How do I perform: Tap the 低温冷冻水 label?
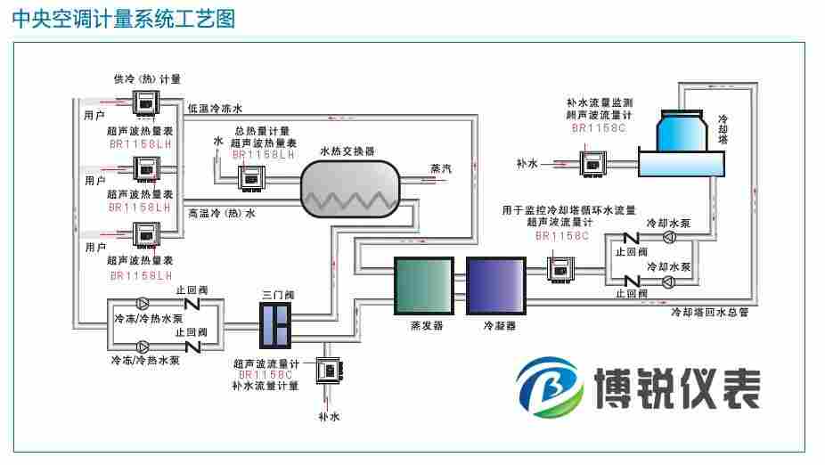(x=215, y=109)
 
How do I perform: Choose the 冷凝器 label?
(x=499, y=326)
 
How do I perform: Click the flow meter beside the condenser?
(x=560, y=266)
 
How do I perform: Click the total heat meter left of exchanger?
(x=252, y=178)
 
